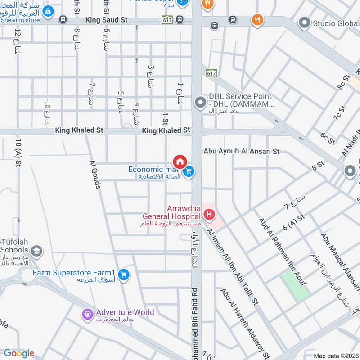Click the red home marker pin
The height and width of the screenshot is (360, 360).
coord(180,161)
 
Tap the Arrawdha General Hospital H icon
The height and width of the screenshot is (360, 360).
coord(209,216)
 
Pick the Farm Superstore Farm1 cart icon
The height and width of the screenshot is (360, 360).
coord(124,274)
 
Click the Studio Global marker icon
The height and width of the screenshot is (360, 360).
coord(305,22)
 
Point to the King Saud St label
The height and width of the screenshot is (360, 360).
coord(106,20)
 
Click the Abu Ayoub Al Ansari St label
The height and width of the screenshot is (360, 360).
coord(241,152)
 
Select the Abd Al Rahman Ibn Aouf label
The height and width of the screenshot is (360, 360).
coord(282,252)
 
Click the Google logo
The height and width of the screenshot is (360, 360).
coord(18,353)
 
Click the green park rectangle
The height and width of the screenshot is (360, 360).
coord(295,286)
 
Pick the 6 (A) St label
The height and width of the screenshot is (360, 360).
coord(294,222)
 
